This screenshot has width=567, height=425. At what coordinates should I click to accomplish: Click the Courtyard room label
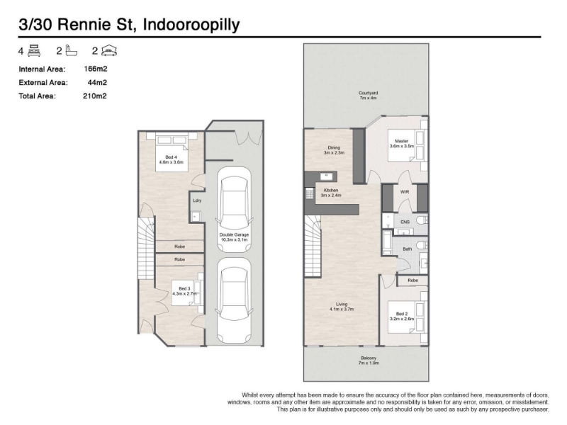368,96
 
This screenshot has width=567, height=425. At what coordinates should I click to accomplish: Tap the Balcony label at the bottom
368,361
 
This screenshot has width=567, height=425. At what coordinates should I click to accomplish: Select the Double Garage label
234,237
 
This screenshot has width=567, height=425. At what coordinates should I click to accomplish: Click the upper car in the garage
234,209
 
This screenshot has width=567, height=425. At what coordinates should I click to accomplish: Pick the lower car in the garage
234,300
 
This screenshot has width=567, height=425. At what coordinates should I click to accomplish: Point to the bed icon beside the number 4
34,50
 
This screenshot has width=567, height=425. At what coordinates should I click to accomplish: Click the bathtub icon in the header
72,50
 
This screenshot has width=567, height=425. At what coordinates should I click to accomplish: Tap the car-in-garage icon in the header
109,50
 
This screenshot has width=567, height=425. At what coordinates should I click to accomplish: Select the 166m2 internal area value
96,69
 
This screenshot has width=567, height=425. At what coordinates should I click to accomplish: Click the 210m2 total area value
95,96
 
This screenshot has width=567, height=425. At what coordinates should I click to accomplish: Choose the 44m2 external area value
97,82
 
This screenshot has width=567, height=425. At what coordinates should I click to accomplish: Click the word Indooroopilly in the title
191,25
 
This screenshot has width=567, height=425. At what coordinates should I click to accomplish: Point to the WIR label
405,192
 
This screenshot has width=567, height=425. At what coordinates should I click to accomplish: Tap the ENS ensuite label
405,222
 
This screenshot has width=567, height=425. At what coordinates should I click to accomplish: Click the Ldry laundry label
197,200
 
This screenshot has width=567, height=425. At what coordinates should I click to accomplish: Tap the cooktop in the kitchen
309,193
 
